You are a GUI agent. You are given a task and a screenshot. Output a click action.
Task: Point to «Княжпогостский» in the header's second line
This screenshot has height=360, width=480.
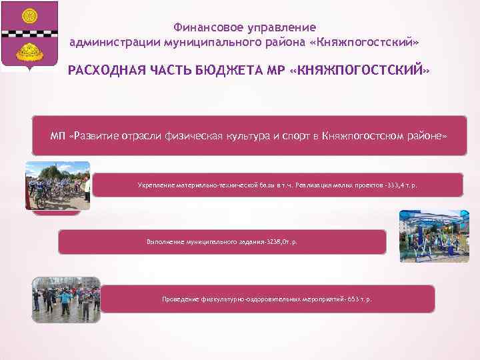click(369, 42)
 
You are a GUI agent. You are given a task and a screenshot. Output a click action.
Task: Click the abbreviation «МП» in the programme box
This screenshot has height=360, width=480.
click(59, 136)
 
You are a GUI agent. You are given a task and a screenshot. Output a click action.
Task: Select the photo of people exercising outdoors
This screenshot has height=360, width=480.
click(66, 299)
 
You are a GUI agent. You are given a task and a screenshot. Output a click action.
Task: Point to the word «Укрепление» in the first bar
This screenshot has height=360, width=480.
click(154, 185)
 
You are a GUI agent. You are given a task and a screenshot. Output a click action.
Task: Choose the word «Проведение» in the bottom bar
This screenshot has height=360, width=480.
click(180, 299)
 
